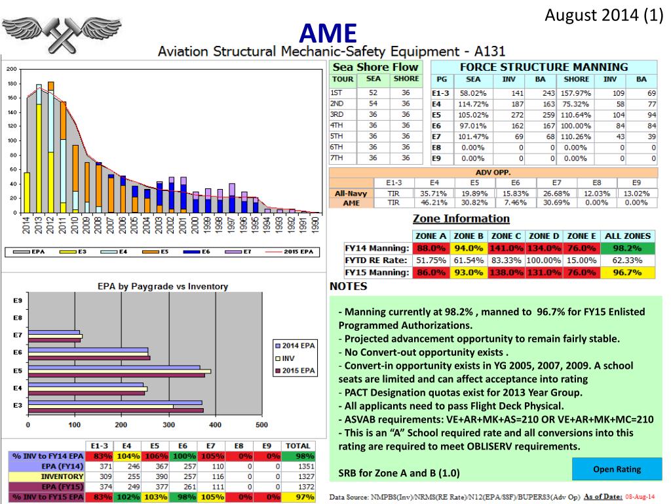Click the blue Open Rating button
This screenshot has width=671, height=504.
click(x=617, y=469)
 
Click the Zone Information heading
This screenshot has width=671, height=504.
click(x=461, y=219)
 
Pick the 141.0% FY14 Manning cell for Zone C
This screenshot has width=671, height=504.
click(x=506, y=249)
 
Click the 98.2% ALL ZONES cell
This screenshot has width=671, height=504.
click(x=628, y=249)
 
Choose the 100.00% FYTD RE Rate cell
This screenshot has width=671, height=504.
click(x=543, y=261)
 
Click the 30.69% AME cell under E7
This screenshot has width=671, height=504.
click(x=556, y=203)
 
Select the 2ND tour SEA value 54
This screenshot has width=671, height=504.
click(x=372, y=104)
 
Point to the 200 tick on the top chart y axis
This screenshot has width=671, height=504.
click(x=11, y=70)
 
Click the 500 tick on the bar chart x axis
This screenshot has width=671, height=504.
click(x=261, y=425)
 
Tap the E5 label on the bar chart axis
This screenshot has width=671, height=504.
click(x=18, y=370)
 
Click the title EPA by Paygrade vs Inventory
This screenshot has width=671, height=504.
click(x=163, y=286)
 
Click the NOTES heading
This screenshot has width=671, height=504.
click(x=348, y=286)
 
